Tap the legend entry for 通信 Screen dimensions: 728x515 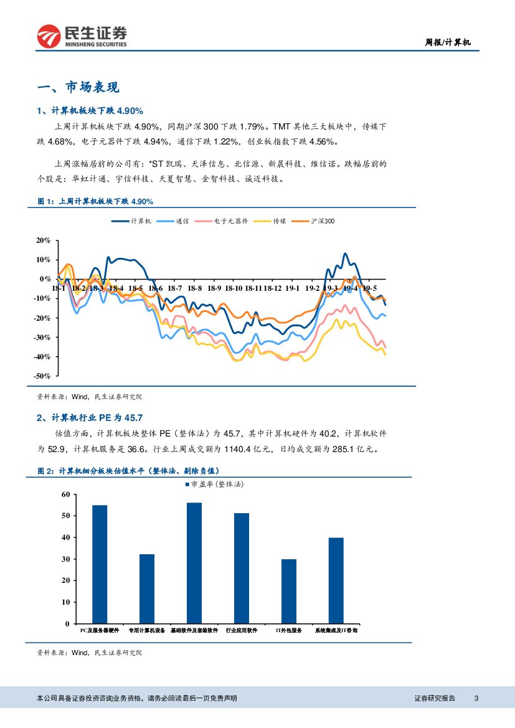tap(174, 221)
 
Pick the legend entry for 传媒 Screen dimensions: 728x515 tap(272, 221)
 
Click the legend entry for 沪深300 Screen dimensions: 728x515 tap(316, 221)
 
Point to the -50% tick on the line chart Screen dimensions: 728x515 tap(43, 376)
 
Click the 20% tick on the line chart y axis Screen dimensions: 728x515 tap(43, 240)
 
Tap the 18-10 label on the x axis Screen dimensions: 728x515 tap(234, 288)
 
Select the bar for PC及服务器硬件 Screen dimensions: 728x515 tap(100, 564)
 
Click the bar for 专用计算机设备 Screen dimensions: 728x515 tap(147, 589)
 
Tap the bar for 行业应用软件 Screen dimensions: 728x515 tap(242, 568)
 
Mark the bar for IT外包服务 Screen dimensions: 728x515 tap(289, 591)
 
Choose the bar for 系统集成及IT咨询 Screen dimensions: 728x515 tap(336, 580)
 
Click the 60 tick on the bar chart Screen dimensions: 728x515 tap(65, 494)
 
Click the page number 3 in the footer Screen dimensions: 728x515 tap(476, 698)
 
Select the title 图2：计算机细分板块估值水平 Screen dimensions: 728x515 tap(128, 471)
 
